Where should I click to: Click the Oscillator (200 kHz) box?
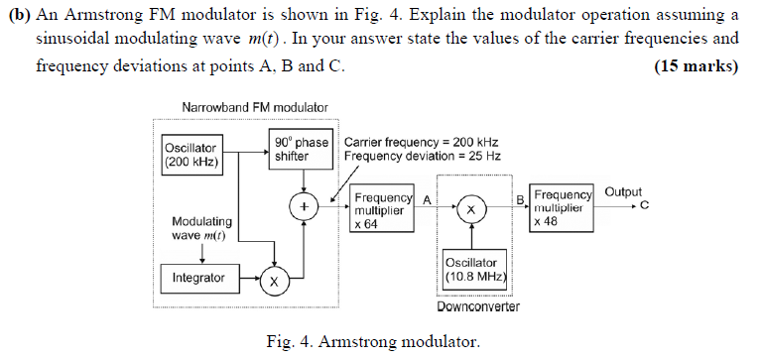coord(191,156)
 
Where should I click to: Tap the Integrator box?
coord(198,278)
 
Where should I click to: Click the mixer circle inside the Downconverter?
coord(471,210)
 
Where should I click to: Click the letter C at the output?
coord(644,206)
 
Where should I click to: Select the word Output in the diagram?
coord(622,192)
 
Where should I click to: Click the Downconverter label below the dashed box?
coord(478,306)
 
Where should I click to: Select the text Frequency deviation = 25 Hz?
coord(422,157)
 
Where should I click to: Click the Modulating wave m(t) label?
coord(202,228)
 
